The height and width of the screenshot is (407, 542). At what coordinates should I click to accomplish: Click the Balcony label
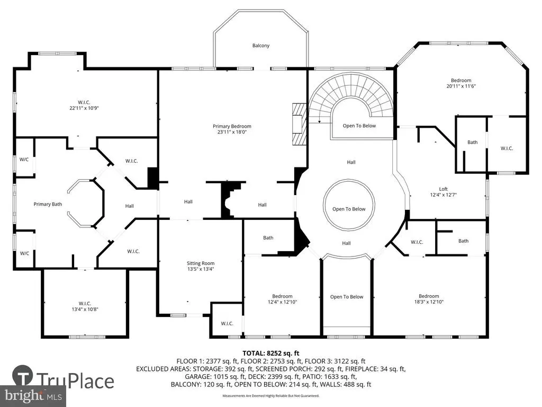(x=260, y=46)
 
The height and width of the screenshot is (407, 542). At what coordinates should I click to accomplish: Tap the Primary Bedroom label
(x=232, y=126)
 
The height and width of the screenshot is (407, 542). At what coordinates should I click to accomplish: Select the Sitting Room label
(x=201, y=263)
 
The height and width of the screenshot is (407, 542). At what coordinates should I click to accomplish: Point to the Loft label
(x=444, y=189)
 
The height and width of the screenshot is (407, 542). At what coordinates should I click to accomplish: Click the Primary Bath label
(x=48, y=204)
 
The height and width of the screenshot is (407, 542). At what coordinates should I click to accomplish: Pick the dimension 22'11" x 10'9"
(x=84, y=108)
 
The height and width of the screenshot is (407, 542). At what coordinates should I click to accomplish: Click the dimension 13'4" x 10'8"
(x=85, y=309)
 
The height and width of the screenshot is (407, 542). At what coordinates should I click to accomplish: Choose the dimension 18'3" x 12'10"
(x=429, y=302)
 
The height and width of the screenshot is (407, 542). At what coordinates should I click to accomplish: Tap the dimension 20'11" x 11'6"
(x=461, y=86)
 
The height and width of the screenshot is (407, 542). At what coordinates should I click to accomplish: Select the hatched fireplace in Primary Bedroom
(x=300, y=124)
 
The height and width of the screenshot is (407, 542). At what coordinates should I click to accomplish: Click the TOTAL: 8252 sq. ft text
(x=271, y=353)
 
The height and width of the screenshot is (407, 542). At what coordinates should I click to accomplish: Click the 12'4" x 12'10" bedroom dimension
(x=283, y=302)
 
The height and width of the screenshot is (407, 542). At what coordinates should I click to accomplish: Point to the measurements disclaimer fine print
(x=271, y=395)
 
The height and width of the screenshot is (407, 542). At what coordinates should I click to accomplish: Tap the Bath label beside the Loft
(x=473, y=142)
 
